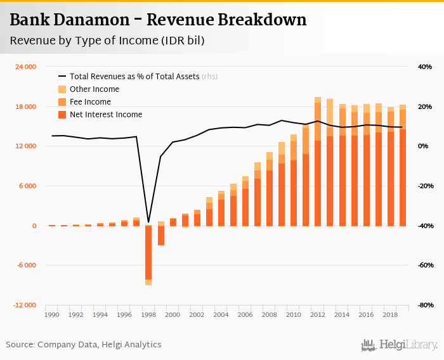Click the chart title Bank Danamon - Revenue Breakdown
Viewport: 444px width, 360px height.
(x=158, y=20)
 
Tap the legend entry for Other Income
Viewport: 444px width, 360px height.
(x=95, y=89)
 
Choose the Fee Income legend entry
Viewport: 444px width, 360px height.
(x=90, y=102)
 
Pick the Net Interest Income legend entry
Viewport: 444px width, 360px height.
(x=106, y=115)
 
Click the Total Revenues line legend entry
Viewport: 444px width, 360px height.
(x=135, y=77)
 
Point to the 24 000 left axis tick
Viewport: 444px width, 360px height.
(x=25, y=67)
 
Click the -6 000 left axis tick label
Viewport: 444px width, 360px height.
(x=25, y=266)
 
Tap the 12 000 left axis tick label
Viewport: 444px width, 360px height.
(x=25, y=146)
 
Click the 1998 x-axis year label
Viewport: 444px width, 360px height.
(x=148, y=314)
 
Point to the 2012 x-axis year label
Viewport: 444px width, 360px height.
(x=318, y=314)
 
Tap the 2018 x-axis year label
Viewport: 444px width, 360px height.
(x=390, y=314)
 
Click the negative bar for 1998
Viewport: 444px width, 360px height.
(x=148, y=254)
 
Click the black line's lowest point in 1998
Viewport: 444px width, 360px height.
(x=148, y=222)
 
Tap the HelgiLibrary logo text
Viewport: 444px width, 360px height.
(x=408, y=345)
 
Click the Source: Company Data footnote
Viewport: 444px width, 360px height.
(x=84, y=345)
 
